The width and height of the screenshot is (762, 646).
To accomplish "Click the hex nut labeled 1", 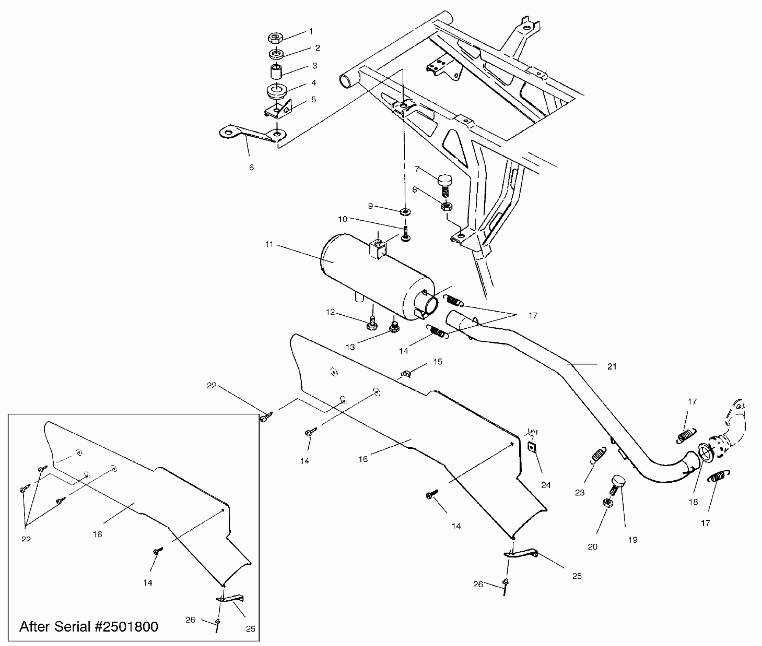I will click(x=275, y=38).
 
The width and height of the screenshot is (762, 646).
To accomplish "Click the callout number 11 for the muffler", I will click(x=269, y=245).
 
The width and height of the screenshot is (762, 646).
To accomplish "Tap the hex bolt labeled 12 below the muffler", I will click(x=372, y=324).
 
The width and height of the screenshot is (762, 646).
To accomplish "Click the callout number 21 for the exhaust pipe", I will click(x=612, y=367).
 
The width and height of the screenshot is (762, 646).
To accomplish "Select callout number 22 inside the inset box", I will click(x=26, y=540).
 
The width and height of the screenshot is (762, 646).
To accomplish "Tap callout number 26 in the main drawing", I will click(x=478, y=584).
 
